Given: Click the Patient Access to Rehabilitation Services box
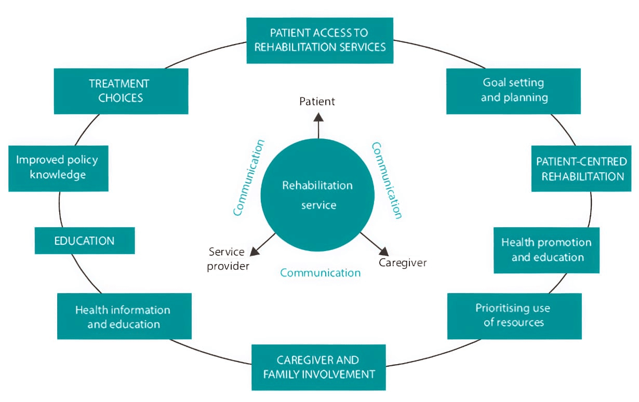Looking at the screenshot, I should point(319,40).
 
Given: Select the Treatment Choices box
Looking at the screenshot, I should point(121,91).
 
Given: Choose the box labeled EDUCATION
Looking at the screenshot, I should point(85,241).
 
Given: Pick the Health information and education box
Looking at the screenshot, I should point(124,316).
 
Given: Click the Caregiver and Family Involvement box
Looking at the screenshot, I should point(318,367).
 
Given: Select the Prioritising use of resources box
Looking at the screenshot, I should point(514,316).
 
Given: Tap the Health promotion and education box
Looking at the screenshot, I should point(546,250).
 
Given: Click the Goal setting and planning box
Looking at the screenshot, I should point(513,91).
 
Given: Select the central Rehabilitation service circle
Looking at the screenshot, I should point(317,195).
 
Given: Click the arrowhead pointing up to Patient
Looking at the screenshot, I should point(318,116).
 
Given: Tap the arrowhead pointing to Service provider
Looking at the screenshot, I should point(255,251).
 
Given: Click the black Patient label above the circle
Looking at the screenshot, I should point(317,101).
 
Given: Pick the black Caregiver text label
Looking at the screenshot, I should point(403,262).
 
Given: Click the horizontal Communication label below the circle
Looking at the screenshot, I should point(320,273).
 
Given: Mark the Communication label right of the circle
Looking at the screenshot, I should point(387,181).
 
